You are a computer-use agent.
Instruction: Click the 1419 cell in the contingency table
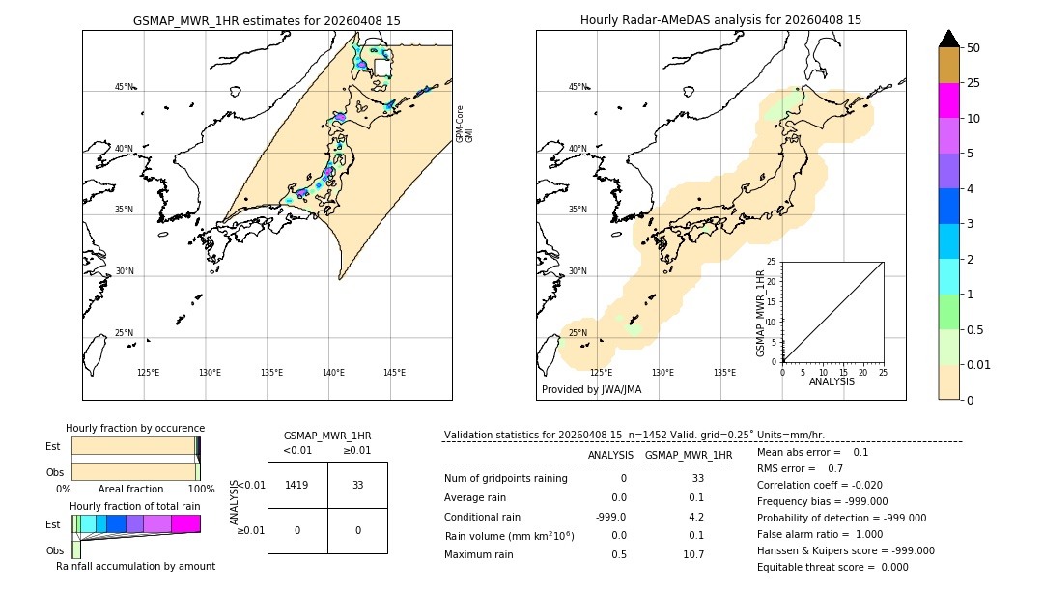(297, 485)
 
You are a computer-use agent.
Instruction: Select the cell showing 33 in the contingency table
(357, 485)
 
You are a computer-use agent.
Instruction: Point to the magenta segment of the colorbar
(948, 100)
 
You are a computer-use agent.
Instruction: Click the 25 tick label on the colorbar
(973, 83)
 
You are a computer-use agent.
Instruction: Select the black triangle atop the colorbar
(948, 39)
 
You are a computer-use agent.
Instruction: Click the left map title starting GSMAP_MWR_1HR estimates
(267, 20)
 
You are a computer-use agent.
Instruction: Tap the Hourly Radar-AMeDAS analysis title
(720, 20)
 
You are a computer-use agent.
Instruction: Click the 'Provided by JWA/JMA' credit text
(591, 389)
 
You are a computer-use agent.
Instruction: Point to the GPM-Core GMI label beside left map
(465, 124)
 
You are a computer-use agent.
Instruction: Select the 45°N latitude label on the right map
(578, 87)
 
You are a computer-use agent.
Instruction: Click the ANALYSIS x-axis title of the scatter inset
(832, 381)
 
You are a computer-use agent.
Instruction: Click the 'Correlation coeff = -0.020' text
(820, 485)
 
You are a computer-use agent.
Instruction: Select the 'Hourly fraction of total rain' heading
(135, 506)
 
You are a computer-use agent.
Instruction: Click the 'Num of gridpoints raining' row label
(506, 478)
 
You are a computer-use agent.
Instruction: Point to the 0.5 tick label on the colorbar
(975, 329)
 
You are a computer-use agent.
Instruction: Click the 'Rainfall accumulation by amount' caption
(135, 566)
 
